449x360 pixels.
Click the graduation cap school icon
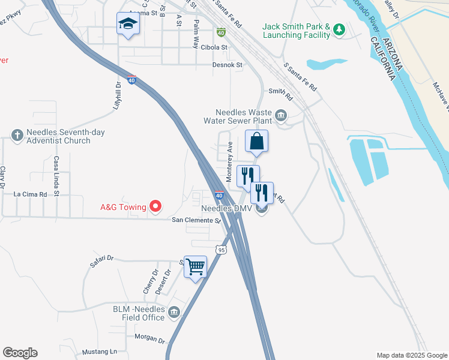[x=127, y=24]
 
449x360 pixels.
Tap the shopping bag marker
[x=256, y=142]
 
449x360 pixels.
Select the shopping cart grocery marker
[x=196, y=266]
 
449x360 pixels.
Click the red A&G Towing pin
[x=156, y=207]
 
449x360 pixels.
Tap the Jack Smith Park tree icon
[x=339, y=28]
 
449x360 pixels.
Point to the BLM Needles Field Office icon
[x=174, y=312]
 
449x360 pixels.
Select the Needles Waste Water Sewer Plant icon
[x=280, y=115]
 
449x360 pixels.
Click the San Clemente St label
[x=197, y=220]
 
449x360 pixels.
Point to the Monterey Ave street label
[x=229, y=162]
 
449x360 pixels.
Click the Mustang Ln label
[x=100, y=351]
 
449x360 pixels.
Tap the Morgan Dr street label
[x=149, y=338]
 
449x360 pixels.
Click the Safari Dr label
[x=101, y=259]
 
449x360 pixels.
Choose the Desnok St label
[x=228, y=65]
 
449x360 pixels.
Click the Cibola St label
[x=215, y=47]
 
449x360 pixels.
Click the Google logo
[x=20, y=353]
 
